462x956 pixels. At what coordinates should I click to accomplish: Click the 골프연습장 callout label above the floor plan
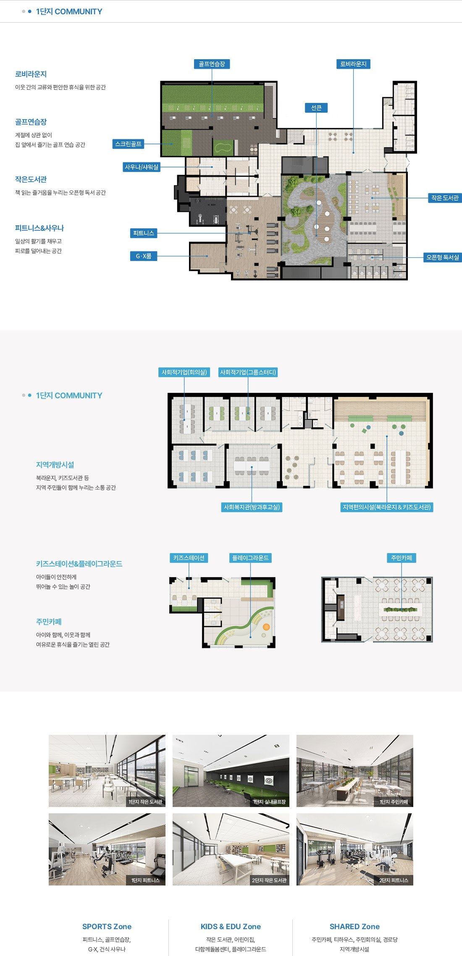coord(212,64)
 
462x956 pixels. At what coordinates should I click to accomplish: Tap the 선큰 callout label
coord(316,108)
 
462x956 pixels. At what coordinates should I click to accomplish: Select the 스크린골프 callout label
coord(129,144)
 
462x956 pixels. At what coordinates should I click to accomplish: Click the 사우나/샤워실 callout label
coord(142,167)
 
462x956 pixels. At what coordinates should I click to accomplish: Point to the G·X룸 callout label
coord(144,256)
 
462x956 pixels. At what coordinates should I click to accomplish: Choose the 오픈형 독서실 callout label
coord(443,257)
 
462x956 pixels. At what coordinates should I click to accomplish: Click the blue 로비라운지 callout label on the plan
coord(353,64)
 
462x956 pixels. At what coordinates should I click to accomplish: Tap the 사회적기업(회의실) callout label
coord(184,372)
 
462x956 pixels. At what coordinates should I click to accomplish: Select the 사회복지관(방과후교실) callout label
coord(252,507)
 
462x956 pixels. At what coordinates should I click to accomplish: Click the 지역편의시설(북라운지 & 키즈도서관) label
coord(386,507)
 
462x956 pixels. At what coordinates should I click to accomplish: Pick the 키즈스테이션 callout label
coord(189,558)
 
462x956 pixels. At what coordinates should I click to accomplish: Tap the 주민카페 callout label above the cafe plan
coord(402,558)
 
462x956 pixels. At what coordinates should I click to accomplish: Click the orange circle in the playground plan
coord(266,627)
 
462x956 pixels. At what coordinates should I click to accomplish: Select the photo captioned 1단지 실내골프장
coord(231,771)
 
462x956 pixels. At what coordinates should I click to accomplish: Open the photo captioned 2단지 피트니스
coord(355,849)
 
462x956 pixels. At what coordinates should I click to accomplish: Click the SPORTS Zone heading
coord(107,926)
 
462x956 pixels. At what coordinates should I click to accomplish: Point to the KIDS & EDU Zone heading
coord(231,926)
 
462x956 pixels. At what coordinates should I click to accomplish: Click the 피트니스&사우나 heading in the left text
coord(39,228)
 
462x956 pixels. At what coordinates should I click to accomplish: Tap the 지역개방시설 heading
coord(55,465)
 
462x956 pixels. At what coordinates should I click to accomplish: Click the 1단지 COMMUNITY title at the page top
coord(69,11)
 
